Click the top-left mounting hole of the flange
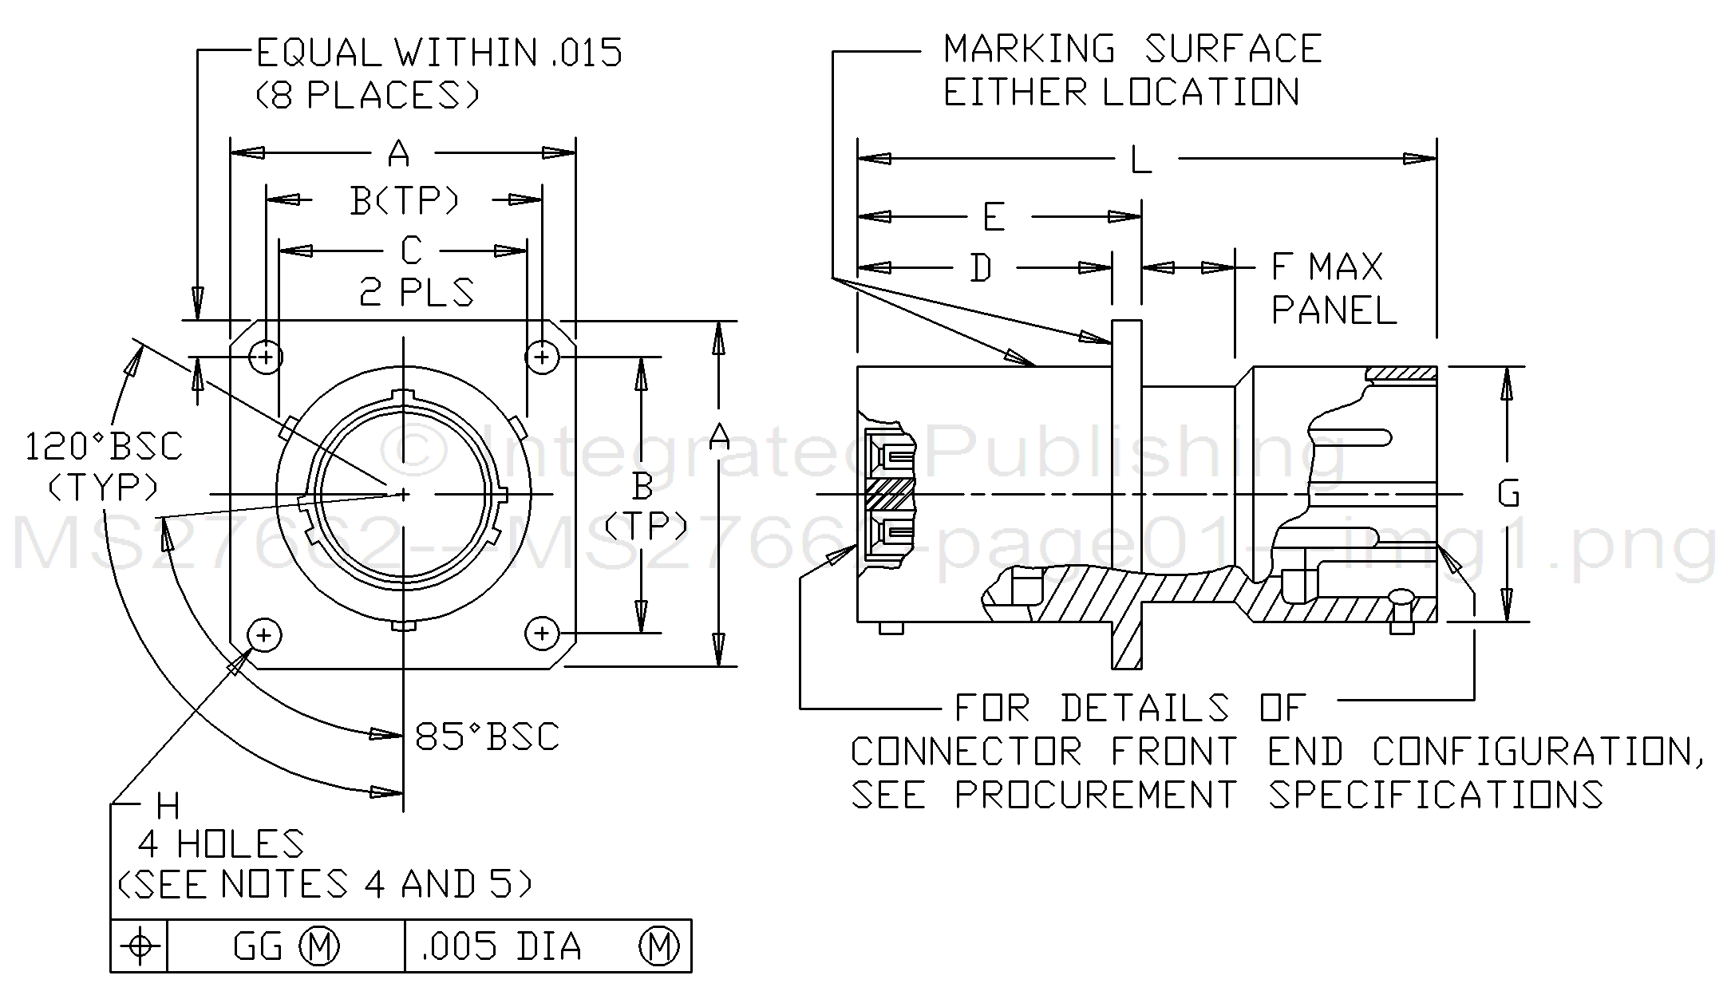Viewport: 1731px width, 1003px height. coord(267,356)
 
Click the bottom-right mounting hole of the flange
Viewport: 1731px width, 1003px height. coord(542,634)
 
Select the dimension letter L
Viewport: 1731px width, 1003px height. coord(1141,160)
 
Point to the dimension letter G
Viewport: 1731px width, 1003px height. coord(1508,495)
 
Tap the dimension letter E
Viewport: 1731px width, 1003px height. coord(994,217)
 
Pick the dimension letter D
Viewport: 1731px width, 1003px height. coord(981,268)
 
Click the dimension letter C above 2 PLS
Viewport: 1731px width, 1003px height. coord(410,251)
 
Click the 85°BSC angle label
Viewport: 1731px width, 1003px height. coord(488,736)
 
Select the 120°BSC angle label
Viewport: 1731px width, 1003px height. coord(104,447)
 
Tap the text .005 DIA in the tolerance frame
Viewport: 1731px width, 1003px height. coord(502,946)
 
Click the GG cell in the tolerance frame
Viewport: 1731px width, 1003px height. coord(258,946)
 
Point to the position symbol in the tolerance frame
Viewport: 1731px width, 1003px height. coord(140,946)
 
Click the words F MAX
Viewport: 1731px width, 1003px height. coord(1327,267)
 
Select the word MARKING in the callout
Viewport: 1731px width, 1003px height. coord(1029,49)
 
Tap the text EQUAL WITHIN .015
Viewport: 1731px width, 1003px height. coord(438,53)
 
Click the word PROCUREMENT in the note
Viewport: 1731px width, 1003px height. coord(1095,795)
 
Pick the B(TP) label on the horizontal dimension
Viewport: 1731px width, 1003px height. coord(405,200)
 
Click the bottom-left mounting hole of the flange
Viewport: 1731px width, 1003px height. coord(265,635)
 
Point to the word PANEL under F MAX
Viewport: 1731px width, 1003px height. coord(1334,310)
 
